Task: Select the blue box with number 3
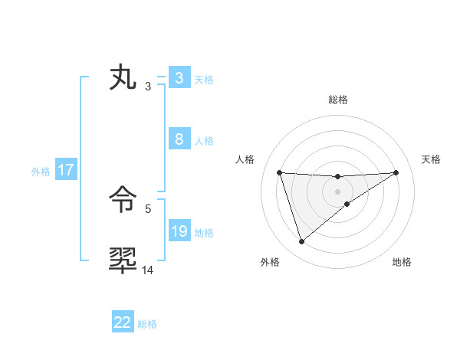click(x=178, y=78)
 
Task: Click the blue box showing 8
click(x=178, y=139)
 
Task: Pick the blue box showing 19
click(x=179, y=231)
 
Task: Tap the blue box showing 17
click(x=66, y=170)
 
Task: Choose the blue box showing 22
click(x=123, y=322)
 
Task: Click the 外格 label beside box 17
click(x=41, y=172)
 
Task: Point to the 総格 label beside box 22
click(x=147, y=324)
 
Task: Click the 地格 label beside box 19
click(x=204, y=233)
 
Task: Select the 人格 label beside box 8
click(x=204, y=141)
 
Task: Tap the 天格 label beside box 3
click(x=204, y=80)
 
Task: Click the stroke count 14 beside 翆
click(x=148, y=270)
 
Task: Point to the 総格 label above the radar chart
click(x=337, y=100)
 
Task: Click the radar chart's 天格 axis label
click(x=431, y=159)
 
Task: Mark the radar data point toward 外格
click(x=301, y=242)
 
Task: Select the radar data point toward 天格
click(x=396, y=172)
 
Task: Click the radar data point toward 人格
click(x=280, y=172)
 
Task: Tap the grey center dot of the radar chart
click(x=337, y=191)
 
